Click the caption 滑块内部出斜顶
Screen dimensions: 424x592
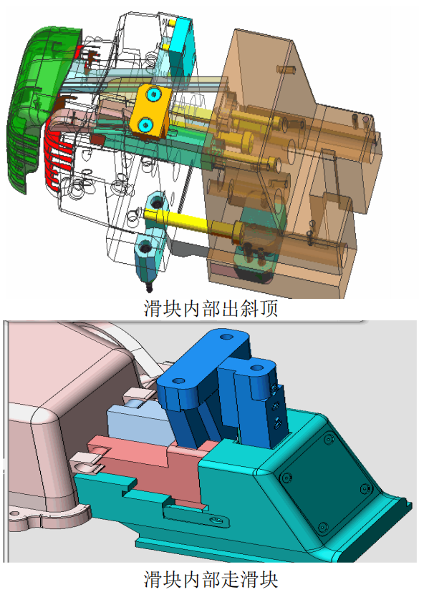click(x=211, y=308)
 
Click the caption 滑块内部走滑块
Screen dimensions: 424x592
click(x=211, y=579)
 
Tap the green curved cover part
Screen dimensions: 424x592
click(x=38, y=106)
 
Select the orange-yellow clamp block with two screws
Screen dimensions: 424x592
click(x=150, y=111)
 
